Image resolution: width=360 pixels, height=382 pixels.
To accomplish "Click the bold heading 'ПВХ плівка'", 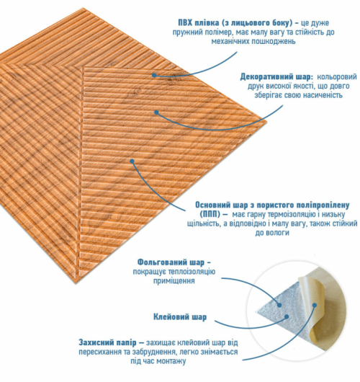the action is [199, 23].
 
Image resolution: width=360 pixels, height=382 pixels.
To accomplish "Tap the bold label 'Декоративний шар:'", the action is [276, 76].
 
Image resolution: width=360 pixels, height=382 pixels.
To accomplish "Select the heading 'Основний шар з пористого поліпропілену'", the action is [272, 205].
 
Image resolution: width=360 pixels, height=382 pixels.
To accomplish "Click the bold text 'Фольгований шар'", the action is [171, 262].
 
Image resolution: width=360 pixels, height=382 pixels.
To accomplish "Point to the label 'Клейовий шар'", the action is [180, 317].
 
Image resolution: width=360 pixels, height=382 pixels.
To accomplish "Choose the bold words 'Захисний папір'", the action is [107, 342].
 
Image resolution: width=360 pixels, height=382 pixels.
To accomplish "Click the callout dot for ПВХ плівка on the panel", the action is [154, 75].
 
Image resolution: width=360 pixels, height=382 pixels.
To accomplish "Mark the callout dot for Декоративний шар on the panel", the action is [156, 112].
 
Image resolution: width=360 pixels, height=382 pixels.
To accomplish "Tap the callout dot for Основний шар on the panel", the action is [132, 161].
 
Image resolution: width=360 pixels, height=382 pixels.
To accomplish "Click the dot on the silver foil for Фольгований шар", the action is [279, 305].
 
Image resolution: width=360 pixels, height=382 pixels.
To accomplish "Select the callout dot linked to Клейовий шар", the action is [287, 316].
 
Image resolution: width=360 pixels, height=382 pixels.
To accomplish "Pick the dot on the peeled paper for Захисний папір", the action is [315, 305].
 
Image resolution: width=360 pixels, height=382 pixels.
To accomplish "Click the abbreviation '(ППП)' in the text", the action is [210, 215].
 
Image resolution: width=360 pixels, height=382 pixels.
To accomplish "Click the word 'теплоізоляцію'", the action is [199, 272].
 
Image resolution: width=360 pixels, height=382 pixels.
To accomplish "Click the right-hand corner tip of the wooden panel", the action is [267, 121].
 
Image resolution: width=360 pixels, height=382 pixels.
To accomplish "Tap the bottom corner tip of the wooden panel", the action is [78, 283].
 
